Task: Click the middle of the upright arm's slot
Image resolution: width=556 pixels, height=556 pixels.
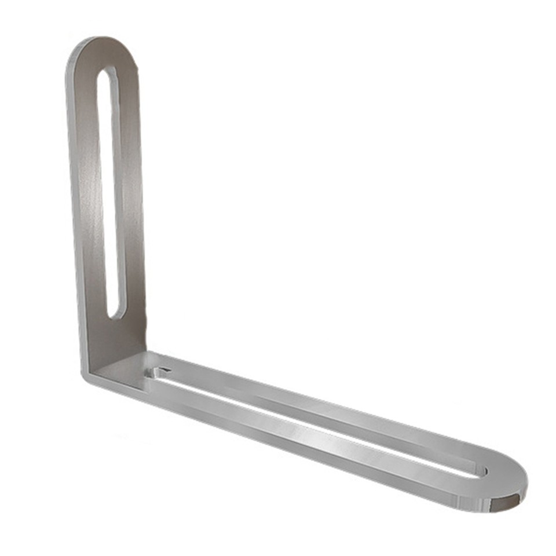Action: click(x=112, y=191)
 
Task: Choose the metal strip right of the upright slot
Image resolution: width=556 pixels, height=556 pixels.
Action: click(x=132, y=191)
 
